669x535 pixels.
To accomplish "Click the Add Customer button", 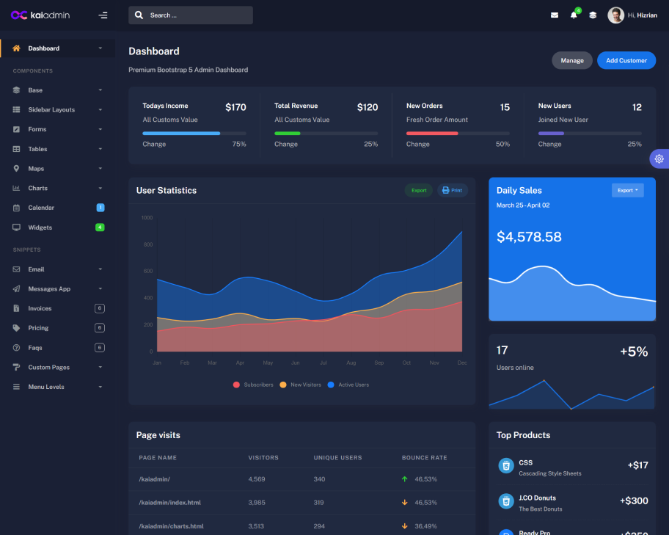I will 626,60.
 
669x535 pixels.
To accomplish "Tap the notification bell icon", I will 574,15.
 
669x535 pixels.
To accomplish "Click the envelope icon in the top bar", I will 555,15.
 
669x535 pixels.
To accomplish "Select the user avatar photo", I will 615,15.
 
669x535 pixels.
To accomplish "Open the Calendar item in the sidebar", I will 41,208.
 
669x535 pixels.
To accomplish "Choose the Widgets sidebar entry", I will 40,228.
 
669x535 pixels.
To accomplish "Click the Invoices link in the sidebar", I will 40,308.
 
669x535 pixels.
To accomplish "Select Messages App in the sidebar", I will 49,289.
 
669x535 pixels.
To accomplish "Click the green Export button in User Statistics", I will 419,190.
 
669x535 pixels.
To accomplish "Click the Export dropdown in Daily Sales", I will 627,190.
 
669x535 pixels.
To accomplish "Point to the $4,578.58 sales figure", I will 529,237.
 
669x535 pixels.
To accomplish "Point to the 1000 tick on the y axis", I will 147,218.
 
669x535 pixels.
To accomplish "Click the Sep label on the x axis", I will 379,363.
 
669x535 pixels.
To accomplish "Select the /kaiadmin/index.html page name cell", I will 169,503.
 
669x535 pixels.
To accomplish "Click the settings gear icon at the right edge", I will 659,159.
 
